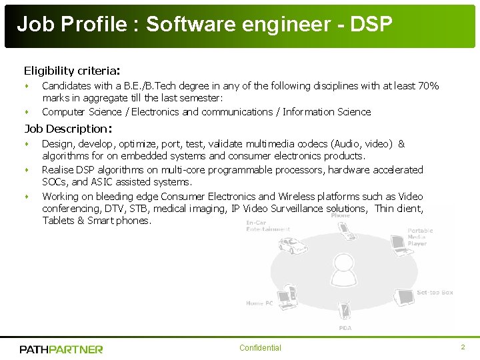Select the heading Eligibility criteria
click(x=71, y=70)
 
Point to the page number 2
click(x=463, y=347)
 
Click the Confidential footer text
click(x=260, y=348)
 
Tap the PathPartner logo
click(x=61, y=349)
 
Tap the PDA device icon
click(x=345, y=311)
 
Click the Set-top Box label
click(x=435, y=293)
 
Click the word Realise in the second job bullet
click(x=59, y=170)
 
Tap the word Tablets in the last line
click(x=59, y=221)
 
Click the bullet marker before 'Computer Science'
click(x=27, y=112)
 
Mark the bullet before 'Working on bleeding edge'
click(x=27, y=197)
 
